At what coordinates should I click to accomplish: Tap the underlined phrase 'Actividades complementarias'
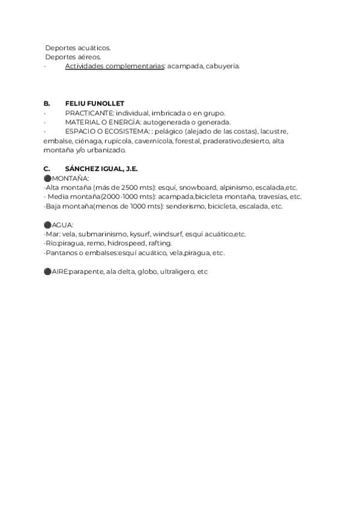[115, 66]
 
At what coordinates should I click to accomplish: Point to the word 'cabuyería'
[223, 66]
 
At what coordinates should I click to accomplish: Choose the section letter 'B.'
[47, 103]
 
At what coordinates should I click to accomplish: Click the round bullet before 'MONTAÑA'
[47, 179]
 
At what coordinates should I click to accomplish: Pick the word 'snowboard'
[197, 188]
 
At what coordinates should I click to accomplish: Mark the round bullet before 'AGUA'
[47, 225]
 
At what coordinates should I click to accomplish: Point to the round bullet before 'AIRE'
[47, 272]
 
